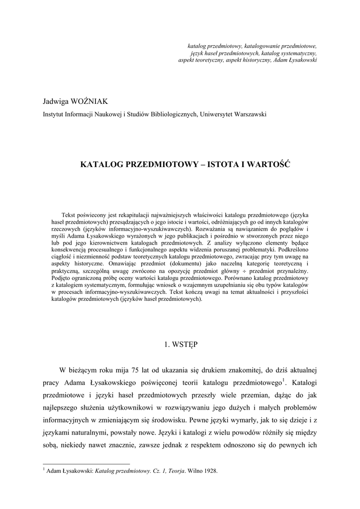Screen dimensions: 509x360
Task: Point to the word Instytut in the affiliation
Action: pos(54,114)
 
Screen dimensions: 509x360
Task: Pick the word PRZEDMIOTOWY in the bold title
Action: pos(162,164)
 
